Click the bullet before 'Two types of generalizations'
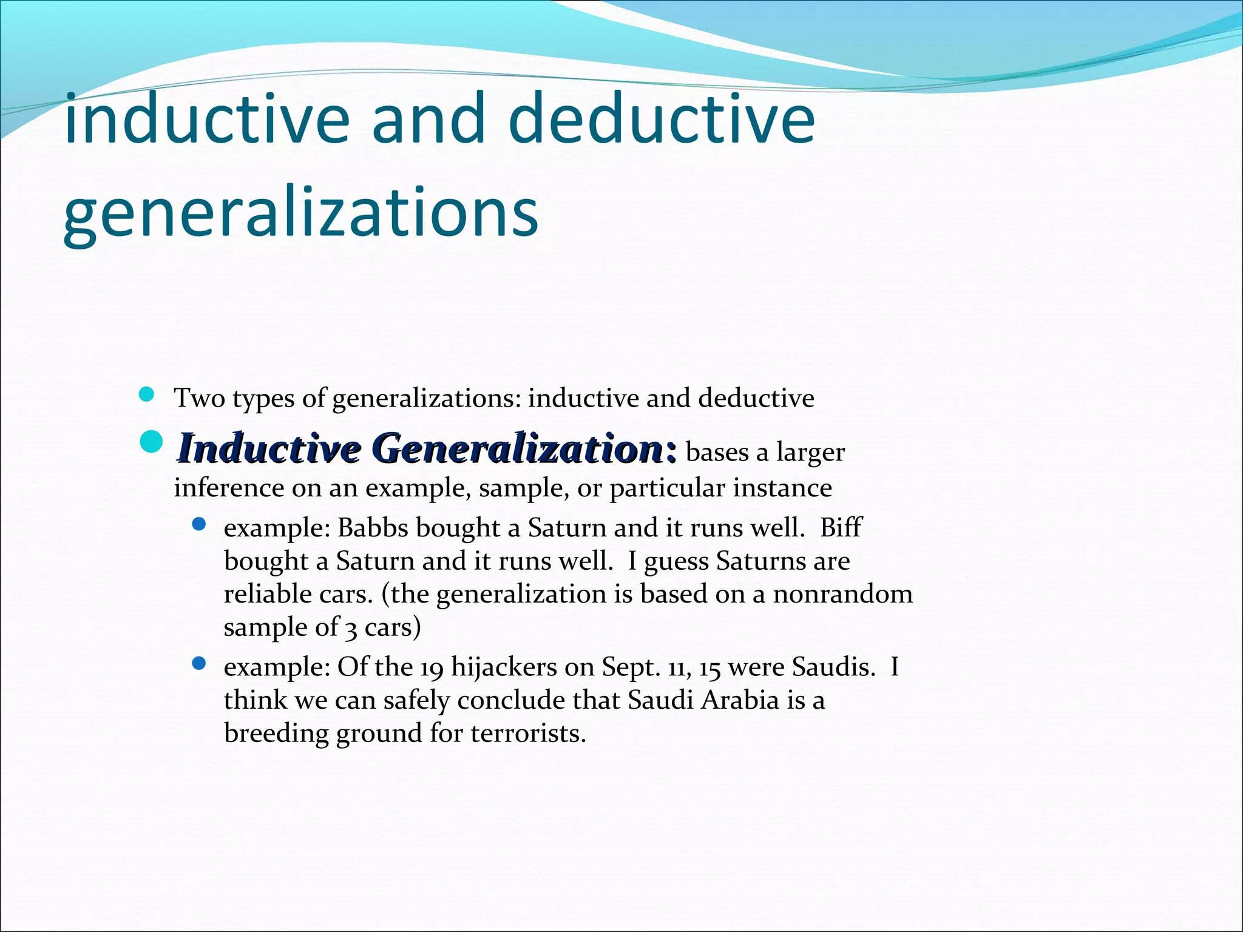pyautogui.click(x=146, y=396)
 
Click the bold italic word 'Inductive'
pyautogui.click(x=269, y=449)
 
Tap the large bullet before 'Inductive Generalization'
pyautogui.click(x=151, y=442)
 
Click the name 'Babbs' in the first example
pyautogui.click(x=372, y=528)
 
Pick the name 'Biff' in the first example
pyautogui.click(x=840, y=528)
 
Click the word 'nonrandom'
pyautogui.click(x=842, y=594)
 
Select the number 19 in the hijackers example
pyautogui.click(x=432, y=668)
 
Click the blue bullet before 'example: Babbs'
pyautogui.click(x=199, y=524)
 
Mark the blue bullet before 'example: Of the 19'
pyautogui.click(x=199, y=664)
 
